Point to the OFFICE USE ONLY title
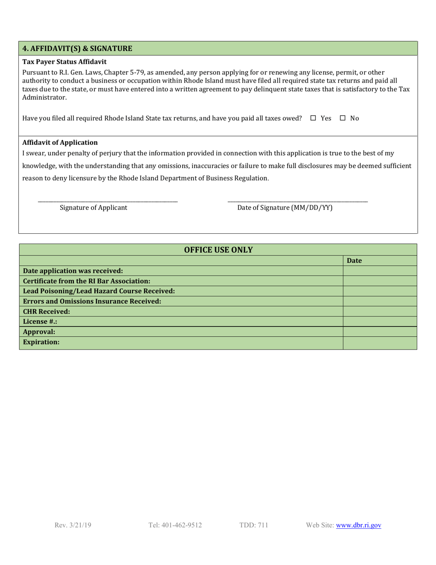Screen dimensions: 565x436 pos(218,250)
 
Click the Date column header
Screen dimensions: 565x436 pos(355,260)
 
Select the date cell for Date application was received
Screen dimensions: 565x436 pos(380,271)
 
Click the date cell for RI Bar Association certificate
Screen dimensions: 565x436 pos(380,281)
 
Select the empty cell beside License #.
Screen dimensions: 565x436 pos(380,321)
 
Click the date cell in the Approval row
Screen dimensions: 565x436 pos(380,331)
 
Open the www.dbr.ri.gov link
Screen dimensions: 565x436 pos(358,525)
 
